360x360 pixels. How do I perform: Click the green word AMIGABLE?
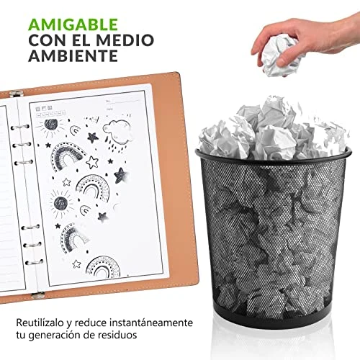pos(73,24)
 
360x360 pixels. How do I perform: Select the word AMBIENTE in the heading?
pos(73,55)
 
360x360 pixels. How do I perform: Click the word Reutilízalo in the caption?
pos(40,323)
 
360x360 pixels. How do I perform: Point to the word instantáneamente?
pos(151,323)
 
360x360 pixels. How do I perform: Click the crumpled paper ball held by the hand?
pos(280,55)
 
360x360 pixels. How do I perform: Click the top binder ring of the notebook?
pos(21,127)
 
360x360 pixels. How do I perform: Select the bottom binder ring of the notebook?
pos(35,262)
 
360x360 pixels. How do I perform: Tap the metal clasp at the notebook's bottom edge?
pos(38,296)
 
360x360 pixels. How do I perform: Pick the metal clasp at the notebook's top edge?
pos(17,93)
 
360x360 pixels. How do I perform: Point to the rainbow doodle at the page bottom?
pos(103,267)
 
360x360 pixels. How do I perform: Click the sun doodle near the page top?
pos(51,125)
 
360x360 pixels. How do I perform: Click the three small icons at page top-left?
pos(44,109)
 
